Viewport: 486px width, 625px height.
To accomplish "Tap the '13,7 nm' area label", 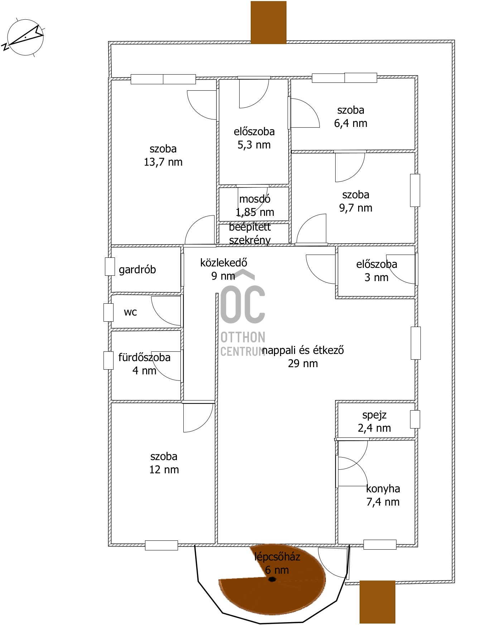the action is (x=163, y=162).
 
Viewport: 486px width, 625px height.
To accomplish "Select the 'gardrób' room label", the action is (x=137, y=269).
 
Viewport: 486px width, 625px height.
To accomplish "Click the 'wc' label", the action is (x=130, y=312).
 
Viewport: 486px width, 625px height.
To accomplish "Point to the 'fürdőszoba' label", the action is (x=144, y=357).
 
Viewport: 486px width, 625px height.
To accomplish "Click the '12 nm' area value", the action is (x=164, y=470).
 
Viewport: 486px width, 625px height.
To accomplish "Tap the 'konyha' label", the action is (x=383, y=489).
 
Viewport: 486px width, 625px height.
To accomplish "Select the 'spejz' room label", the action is (x=374, y=415).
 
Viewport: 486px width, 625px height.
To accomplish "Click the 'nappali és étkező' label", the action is (x=303, y=350).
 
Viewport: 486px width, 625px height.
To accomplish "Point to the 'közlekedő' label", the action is (x=223, y=262).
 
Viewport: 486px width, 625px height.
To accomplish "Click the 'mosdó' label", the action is (x=255, y=199).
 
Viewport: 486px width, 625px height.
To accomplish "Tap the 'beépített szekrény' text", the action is (x=250, y=233).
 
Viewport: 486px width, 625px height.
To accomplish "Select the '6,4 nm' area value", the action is (x=351, y=123).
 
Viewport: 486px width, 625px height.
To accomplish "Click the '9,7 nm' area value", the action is (x=356, y=208).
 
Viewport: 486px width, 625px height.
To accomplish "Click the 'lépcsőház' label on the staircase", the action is (x=277, y=557).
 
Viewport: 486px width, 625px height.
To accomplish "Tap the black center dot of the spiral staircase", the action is (x=272, y=579).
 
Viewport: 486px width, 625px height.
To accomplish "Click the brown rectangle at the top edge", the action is (x=269, y=22).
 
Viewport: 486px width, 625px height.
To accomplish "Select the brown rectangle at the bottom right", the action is (x=377, y=602).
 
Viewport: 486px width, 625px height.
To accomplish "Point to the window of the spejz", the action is (x=415, y=419).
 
